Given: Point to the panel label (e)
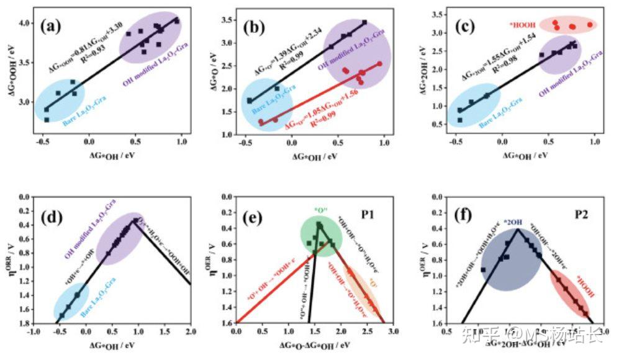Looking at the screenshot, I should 254,217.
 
